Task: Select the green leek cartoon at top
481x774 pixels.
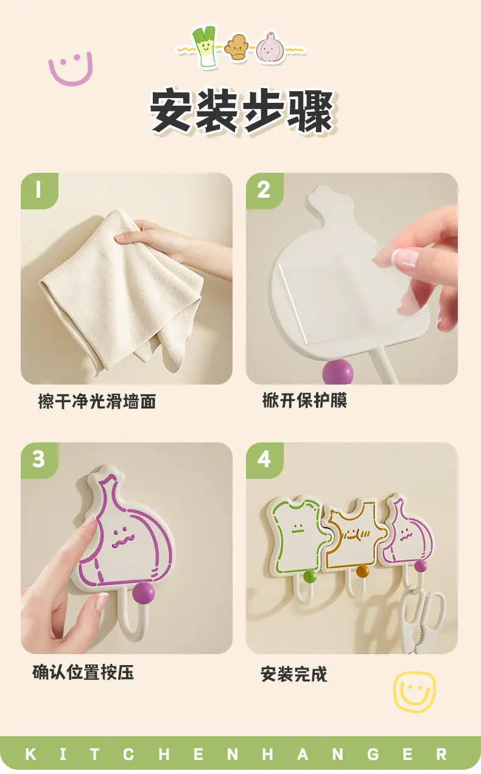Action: (205, 46)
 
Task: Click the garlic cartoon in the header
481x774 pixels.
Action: (270, 47)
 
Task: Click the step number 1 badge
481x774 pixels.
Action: (40, 190)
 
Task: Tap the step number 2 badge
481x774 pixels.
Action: (264, 190)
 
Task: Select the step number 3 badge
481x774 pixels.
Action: (40, 460)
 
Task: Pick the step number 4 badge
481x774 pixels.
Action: (264, 460)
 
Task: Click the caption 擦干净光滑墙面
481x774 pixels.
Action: (97, 402)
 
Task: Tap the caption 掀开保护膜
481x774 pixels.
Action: (304, 400)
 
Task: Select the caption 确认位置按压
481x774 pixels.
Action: (83, 672)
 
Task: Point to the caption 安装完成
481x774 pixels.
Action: (294, 674)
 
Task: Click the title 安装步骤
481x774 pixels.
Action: (242, 111)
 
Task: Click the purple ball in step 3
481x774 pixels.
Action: (144, 593)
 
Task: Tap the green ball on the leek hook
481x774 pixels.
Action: (309, 576)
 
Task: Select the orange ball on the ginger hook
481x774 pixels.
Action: (362, 571)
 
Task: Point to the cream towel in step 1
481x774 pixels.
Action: (121, 290)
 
